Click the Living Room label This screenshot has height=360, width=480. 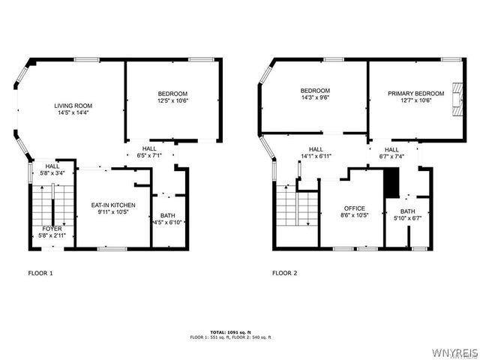[x=72, y=106]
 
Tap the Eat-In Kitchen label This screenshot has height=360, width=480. [x=113, y=205]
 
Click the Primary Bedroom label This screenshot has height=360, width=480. [x=415, y=94]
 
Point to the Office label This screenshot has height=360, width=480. [x=354, y=208]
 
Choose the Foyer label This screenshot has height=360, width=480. [x=52, y=229]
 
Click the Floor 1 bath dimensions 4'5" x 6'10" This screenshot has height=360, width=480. [x=169, y=223]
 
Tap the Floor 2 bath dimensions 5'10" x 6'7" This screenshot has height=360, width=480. [x=407, y=219]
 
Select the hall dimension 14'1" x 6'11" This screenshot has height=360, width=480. [x=316, y=156]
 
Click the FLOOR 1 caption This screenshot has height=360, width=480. [x=40, y=273]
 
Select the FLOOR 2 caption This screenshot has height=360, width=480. [x=285, y=273]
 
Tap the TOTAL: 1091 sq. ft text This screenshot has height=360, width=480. [x=230, y=331]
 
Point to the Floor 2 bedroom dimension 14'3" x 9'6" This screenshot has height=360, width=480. [x=316, y=97]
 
